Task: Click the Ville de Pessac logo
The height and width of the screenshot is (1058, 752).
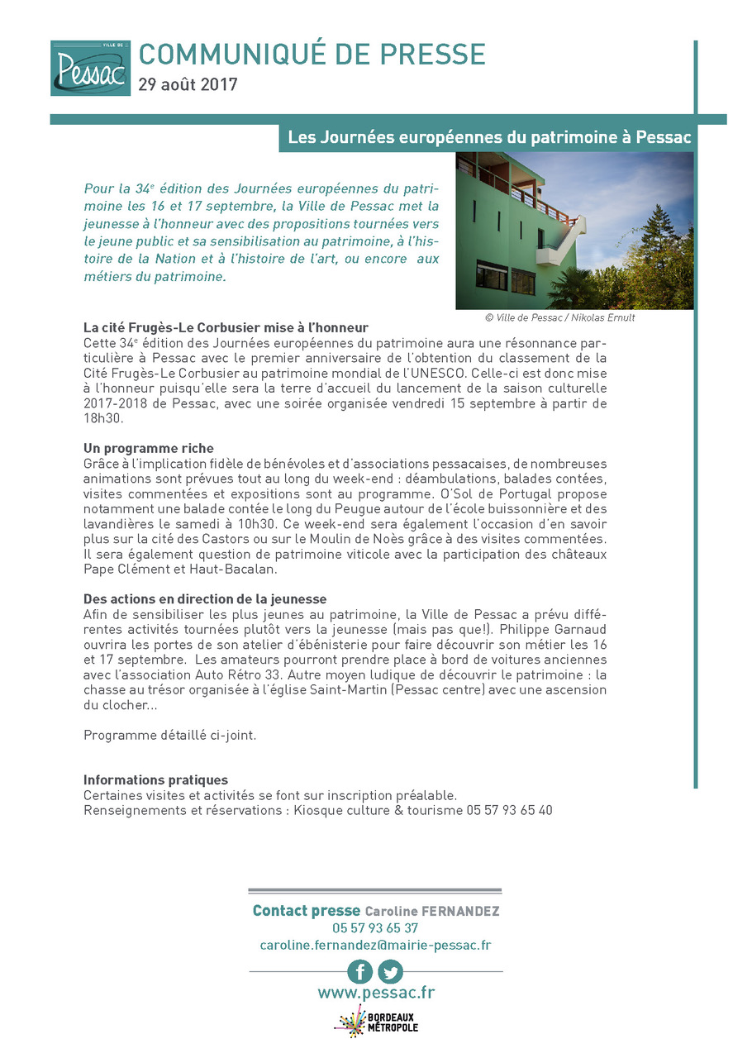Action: tap(90, 68)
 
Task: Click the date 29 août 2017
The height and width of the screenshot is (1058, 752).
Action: tap(188, 84)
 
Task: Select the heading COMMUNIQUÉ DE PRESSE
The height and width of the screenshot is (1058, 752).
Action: tap(312, 55)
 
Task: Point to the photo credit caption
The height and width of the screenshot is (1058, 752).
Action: tap(559, 318)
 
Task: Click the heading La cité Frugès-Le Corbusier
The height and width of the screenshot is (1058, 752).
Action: tap(226, 327)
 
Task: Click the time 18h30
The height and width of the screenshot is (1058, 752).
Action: tap(102, 418)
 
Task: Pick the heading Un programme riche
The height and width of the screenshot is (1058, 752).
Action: tap(149, 448)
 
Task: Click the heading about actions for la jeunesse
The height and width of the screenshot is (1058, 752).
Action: tap(205, 598)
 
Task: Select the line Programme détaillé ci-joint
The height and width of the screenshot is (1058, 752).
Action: tap(169, 735)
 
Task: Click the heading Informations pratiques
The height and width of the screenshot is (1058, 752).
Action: tap(155, 780)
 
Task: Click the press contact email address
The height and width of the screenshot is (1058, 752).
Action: tap(375, 945)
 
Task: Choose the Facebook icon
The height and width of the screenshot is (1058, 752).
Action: tap(359, 971)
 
